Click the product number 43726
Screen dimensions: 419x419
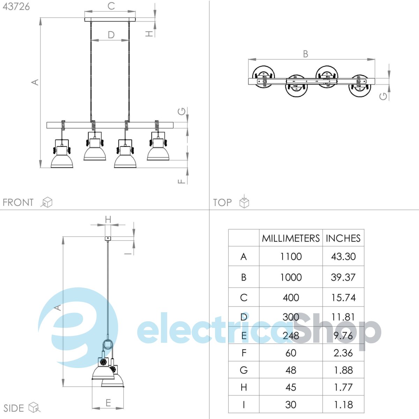point(16,7)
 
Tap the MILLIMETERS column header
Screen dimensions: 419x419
point(291,238)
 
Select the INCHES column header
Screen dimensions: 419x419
point(343,238)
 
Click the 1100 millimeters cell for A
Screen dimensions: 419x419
point(291,257)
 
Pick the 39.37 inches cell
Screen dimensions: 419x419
point(343,277)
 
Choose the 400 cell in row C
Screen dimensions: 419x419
point(291,297)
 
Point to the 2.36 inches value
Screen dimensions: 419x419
point(343,353)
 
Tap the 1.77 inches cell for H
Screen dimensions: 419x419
point(343,387)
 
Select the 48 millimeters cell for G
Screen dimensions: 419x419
point(291,370)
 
